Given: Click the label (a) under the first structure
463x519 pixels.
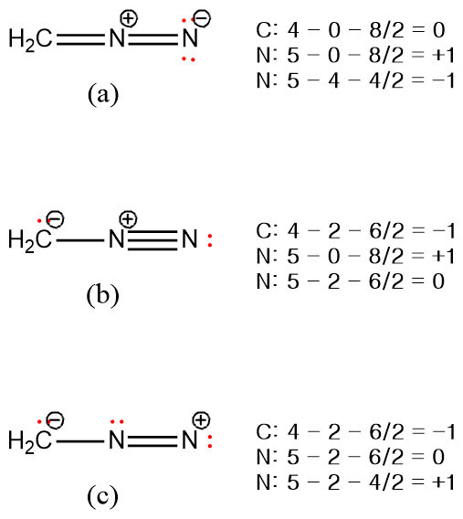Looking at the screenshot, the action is pos(103,95).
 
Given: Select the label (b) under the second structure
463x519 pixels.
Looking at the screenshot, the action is pos(102,295).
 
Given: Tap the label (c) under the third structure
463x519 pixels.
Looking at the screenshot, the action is pos(102,496).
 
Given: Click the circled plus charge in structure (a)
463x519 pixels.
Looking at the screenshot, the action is pos(129,18).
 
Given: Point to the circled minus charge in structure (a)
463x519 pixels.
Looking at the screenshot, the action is pos(202,18).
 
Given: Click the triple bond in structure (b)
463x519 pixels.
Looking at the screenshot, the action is pos(153,239).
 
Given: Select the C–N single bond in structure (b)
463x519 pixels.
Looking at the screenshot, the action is pos(80,240).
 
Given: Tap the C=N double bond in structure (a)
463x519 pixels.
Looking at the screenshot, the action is pos(80,38).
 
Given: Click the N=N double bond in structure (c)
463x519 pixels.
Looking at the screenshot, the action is pos(153,440).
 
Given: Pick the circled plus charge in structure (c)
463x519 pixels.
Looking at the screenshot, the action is pos(202,420).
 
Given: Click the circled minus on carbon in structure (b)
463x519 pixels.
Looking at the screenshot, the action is pos(56,219).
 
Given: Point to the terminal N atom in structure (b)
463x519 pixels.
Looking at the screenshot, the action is pos(190,239).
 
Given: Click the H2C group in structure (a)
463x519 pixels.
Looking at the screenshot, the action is pos(30,39).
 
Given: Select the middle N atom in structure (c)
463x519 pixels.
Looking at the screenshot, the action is pos(117,440).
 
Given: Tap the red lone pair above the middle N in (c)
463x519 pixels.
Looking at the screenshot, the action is pos(117,422).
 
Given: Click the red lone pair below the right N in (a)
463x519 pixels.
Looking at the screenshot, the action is pos(188,59).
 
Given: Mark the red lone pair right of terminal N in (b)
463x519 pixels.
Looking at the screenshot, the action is pos(210,240).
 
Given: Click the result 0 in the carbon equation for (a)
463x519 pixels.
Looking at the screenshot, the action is pos(438,30).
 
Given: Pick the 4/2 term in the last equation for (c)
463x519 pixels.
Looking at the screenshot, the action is pos(386,482).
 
